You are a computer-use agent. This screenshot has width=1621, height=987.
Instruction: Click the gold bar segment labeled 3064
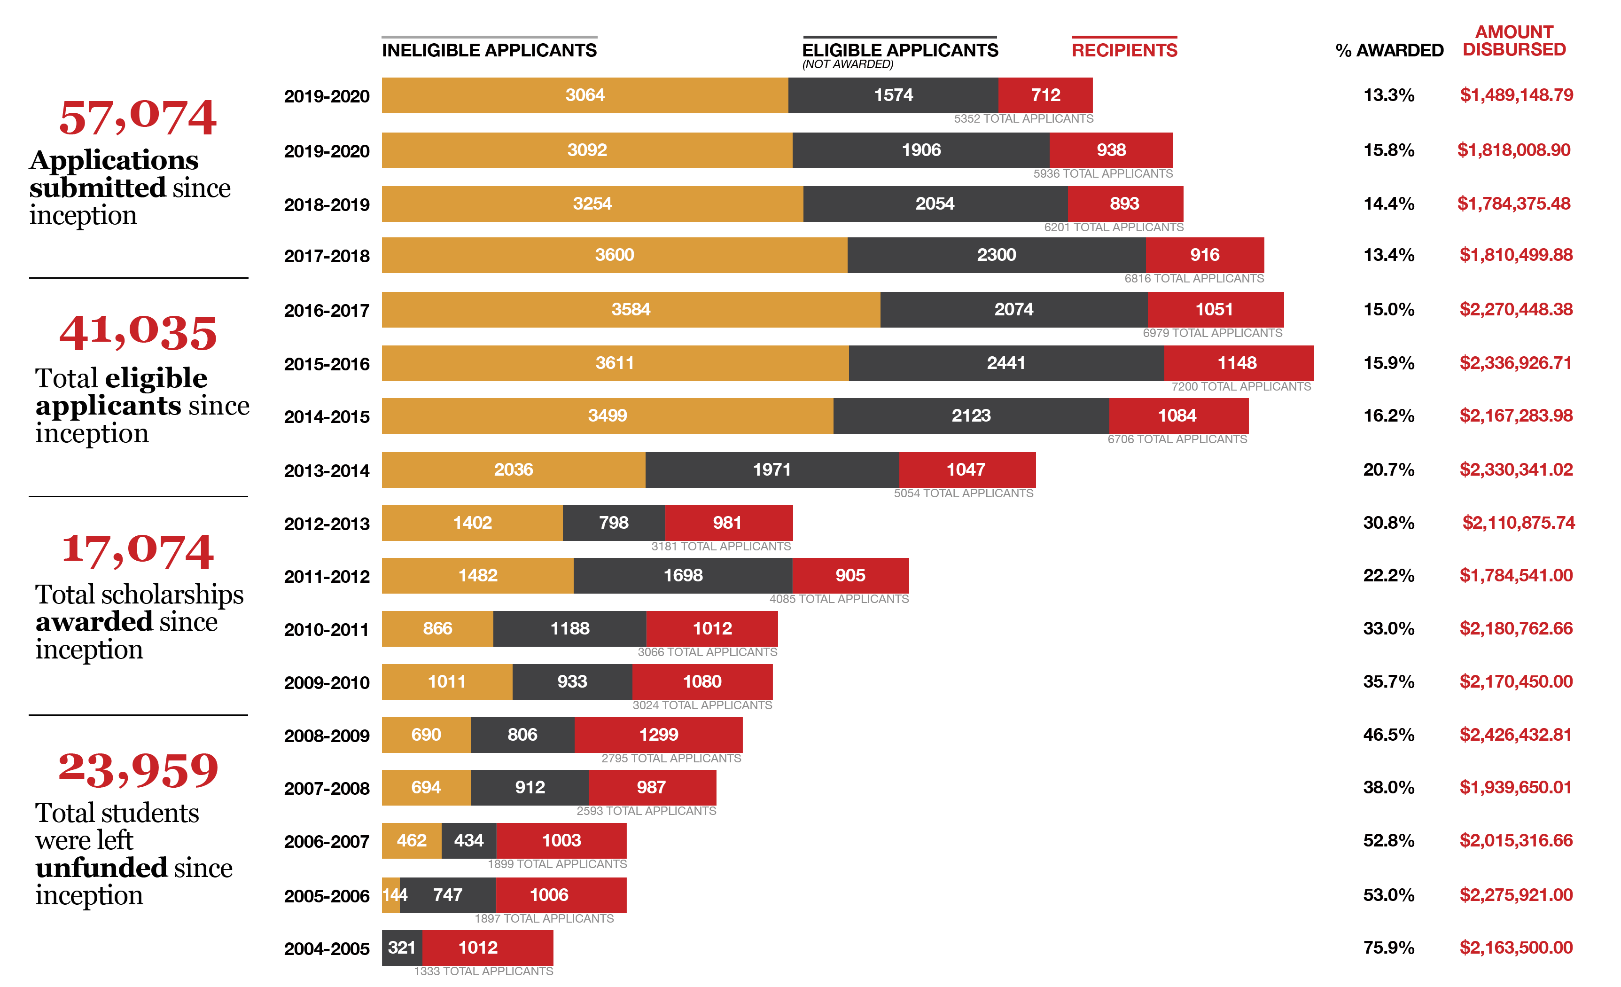[585, 95]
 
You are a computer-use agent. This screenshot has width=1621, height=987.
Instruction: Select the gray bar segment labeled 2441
[1006, 363]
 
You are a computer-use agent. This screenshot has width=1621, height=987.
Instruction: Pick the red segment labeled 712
[1045, 95]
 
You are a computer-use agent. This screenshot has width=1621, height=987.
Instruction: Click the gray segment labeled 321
[402, 948]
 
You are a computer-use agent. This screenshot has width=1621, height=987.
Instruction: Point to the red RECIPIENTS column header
[1124, 50]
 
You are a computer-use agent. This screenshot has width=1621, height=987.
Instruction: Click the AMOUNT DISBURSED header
[1514, 41]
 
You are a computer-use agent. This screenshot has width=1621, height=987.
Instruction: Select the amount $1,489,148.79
[1516, 95]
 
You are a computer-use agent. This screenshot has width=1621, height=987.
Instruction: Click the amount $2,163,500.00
[1516, 948]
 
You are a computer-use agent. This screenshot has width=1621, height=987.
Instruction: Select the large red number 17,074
[138, 551]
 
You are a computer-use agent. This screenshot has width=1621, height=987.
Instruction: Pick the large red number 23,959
[138, 769]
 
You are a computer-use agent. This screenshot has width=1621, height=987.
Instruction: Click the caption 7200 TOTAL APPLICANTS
[1241, 387]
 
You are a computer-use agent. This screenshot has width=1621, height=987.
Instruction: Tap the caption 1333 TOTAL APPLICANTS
[484, 971]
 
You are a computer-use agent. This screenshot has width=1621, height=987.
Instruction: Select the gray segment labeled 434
[468, 841]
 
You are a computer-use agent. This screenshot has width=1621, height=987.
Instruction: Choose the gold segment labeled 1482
[478, 576]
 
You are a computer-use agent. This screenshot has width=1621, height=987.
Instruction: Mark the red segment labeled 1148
[1238, 363]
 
